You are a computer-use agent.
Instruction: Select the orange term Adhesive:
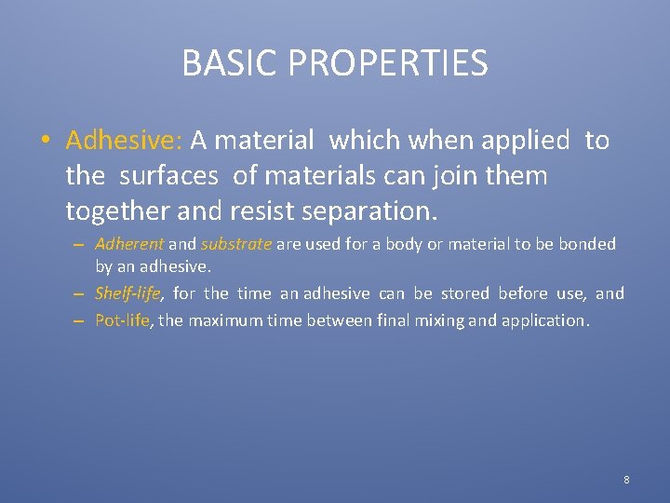(x=124, y=141)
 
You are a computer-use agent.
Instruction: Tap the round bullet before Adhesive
(x=46, y=142)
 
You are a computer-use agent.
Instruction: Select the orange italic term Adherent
(x=129, y=244)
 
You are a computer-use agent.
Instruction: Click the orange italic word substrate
(x=236, y=244)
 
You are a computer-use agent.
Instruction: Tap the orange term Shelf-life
(x=129, y=294)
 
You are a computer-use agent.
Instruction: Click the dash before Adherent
(x=81, y=245)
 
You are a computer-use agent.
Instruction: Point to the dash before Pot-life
(x=81, y=321)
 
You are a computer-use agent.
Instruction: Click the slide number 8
(x=626, y=480)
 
